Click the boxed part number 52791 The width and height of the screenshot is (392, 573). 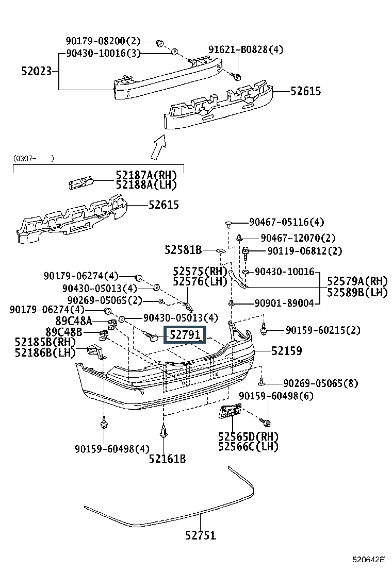185,335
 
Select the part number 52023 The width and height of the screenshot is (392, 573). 37,71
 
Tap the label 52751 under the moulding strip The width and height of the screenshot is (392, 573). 201,535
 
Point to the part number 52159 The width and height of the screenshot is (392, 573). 287,351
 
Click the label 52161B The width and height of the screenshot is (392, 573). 167,458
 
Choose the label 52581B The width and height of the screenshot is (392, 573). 183,250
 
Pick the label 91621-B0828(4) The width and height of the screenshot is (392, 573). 246,49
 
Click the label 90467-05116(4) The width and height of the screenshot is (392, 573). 287,222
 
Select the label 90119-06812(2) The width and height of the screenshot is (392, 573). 305,250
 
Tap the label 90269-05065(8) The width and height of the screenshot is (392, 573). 321,383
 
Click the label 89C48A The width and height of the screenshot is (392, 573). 74,321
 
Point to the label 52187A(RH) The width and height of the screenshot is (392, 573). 146,175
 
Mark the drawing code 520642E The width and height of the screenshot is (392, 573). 369,560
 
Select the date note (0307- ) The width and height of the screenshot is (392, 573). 34,158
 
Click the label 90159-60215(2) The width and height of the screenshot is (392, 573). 323,330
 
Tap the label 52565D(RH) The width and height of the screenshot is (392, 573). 248,436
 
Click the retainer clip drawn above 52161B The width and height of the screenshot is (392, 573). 164,431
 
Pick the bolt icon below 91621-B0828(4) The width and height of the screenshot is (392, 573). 236,76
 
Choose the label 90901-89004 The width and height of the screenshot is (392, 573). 284,303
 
